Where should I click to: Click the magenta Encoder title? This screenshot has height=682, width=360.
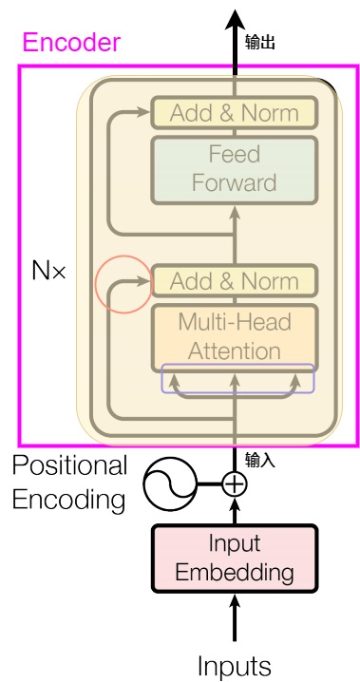(x=71, y=43)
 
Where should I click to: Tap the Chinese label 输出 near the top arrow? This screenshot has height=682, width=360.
(x=260, y=43)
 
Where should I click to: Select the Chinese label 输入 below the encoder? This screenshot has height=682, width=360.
(x=260, y=460)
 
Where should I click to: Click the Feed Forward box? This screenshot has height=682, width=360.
(x=235, y=170)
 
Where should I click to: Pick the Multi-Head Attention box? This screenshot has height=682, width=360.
(x=235, y=337)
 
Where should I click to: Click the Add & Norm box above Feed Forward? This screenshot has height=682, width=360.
(x=235, y=113)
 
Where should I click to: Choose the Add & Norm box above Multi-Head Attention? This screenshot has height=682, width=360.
(x=235, y=281)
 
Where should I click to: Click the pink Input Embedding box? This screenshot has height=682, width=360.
(x=235, y=559)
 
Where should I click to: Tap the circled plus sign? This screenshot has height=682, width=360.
(x=235, y=484)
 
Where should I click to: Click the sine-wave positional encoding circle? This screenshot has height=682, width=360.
(x=170, y=484)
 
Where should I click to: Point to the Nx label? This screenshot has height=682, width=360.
(x=48, y=271)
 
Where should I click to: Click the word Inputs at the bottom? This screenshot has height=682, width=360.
(x=235, y=666)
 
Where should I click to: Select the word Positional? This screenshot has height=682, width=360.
(x=69, y=466)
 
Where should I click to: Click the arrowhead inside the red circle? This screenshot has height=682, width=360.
(x=143, y=280)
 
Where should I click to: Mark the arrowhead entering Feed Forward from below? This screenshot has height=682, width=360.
(x=235, y=212)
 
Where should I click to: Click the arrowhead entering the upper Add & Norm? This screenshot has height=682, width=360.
(x=143, y=112)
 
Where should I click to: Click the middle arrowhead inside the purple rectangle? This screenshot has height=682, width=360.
(x=235, y=380)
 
